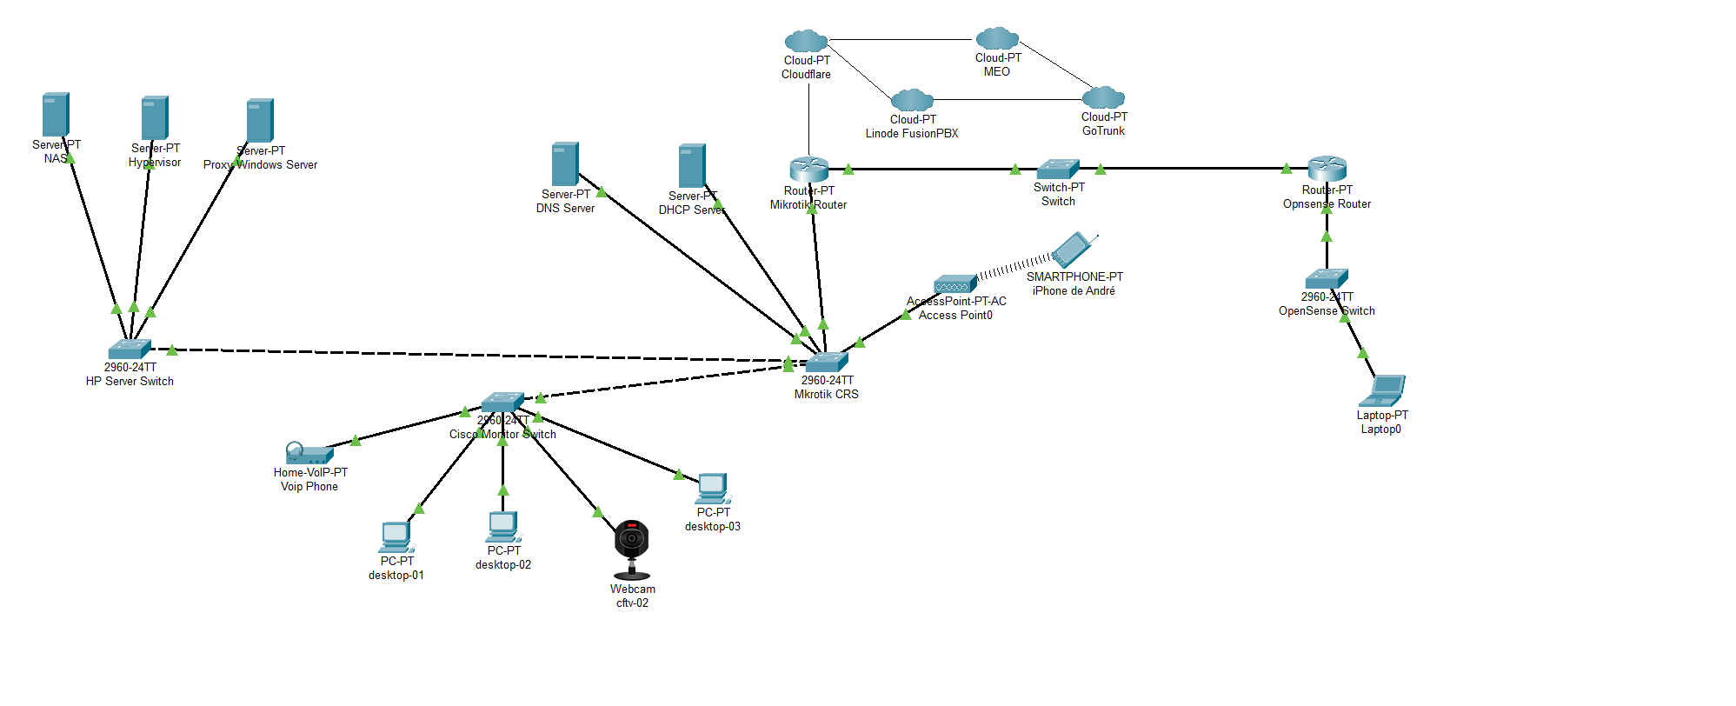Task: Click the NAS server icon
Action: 56,115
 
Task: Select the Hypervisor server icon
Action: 155,118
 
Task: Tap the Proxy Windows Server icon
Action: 260,121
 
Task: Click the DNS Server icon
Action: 565,164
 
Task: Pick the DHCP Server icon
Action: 692,166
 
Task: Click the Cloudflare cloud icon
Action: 806,41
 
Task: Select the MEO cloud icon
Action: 997,38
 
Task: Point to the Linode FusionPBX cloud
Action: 912,100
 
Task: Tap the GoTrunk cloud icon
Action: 1103,97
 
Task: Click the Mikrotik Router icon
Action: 808,170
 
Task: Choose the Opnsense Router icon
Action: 1327,169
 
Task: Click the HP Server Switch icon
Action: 130,349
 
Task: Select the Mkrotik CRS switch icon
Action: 826,362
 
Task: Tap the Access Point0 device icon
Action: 954,284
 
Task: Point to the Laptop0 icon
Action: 1382,391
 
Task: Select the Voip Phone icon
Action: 309,453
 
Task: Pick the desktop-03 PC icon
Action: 713,489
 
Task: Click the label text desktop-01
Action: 396,576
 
